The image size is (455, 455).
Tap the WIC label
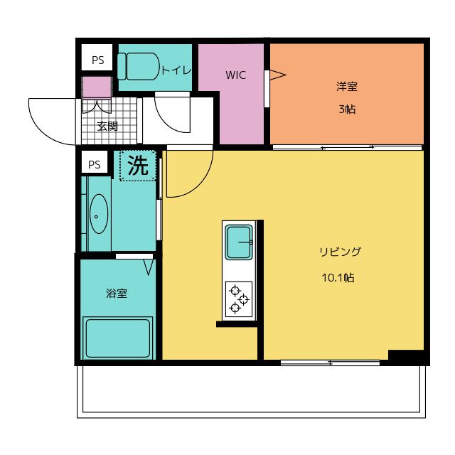235,75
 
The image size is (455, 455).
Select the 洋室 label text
346,87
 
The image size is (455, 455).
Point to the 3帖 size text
346,109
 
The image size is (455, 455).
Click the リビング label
340,252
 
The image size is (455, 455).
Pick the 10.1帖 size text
339,278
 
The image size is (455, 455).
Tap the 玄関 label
107,127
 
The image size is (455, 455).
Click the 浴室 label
116,292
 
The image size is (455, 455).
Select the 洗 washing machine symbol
138,166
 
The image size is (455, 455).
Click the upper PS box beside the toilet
97,60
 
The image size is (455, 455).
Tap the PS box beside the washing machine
95,164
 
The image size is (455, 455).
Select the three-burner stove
239,299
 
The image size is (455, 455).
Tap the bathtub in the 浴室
117,338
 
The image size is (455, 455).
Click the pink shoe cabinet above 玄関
97,87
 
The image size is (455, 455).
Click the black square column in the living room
406,357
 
